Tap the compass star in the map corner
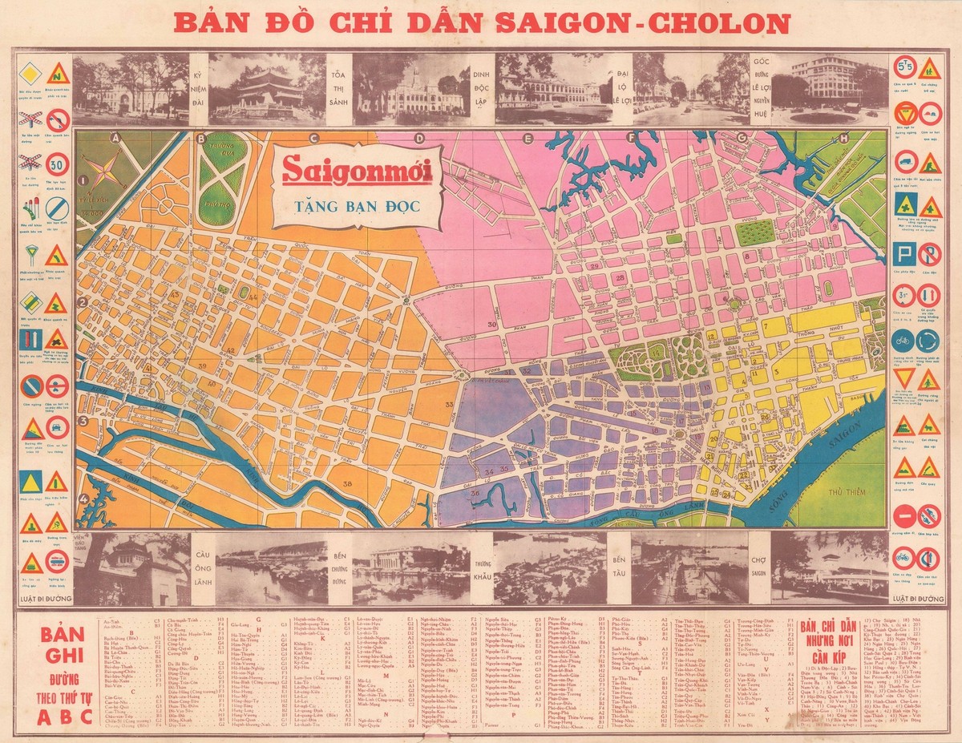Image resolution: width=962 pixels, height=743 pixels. pyautogui.click(x=103, y=172)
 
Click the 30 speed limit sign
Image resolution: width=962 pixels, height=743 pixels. pyautogui.click(x=56, y=164)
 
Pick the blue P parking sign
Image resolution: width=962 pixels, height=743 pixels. pyautogui.click(x=905, y=255)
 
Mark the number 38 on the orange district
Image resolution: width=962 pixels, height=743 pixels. pyautogui.click(x=346, y=484)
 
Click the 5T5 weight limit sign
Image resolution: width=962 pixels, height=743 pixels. pyautogui.click(x=905, y=66)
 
